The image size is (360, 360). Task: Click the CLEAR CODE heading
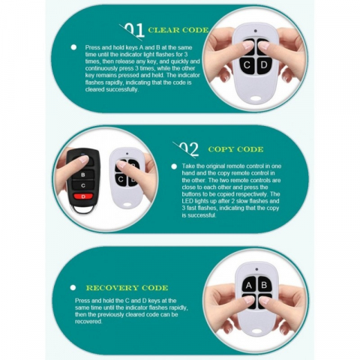(178, 30)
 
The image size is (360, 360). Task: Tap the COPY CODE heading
(235, 149)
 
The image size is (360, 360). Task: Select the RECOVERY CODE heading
(127, 288)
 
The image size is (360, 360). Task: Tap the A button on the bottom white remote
(249, 285)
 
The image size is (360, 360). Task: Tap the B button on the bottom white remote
(265, 284)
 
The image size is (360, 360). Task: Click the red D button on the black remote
(83, 196)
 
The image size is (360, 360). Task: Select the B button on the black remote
(83, 175)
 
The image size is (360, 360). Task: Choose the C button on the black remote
(83, 185)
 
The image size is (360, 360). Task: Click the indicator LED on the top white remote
(255, 31)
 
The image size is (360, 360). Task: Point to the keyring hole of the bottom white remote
(256, 331)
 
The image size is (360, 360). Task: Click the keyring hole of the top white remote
(255, 98)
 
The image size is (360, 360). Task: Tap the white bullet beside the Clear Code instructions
(73, 47)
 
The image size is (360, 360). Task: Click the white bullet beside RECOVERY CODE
(73, 288)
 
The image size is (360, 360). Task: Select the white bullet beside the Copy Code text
(174, 166)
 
